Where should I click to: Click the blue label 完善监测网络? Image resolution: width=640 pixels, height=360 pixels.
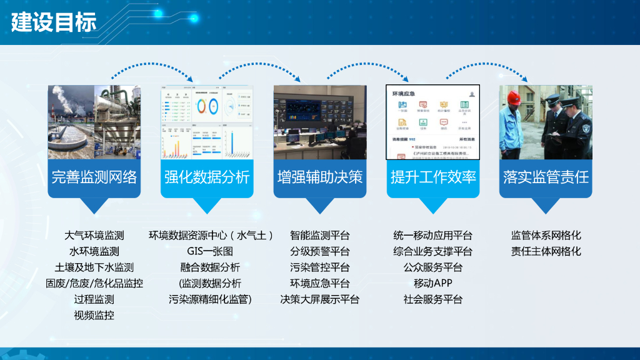[94, 177]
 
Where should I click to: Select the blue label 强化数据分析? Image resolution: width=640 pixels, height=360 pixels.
[207, 177]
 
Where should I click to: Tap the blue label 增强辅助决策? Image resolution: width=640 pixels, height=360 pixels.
[319, 177]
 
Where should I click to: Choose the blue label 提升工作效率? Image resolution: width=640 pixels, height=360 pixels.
[432, 177]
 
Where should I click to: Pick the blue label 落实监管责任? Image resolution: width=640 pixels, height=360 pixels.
[546, 177]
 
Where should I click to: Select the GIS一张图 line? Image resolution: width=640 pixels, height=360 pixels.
[210, 252]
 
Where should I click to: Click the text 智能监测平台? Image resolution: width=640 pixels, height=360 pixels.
[319, 236]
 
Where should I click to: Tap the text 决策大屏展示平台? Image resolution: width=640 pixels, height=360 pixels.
[319, 299]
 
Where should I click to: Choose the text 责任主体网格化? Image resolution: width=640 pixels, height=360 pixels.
[546, 252]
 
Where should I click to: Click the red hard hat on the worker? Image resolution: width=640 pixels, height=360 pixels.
[514, 97]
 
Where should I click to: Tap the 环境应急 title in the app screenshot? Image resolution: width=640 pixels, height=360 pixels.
[404, 93]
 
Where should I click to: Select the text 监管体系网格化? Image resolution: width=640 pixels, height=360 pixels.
[546, 236]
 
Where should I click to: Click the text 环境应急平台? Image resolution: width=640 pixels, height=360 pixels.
[319, 284]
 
